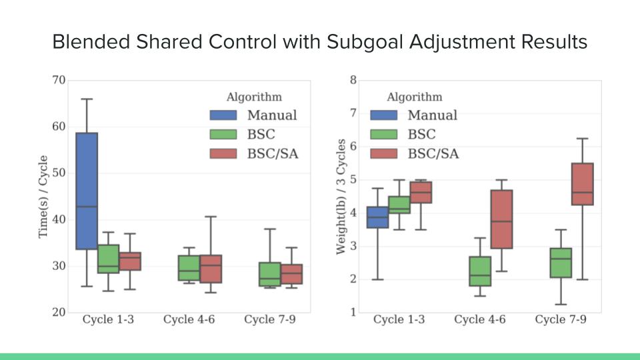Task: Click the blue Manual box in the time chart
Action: click(87, 191)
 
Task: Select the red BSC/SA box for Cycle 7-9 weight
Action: click(583, 184)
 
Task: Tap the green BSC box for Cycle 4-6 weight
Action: click(480, 271)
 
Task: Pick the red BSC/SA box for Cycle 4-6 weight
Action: click(502, 219)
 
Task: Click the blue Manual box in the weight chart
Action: click(378, 217)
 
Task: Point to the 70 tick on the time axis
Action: click(58, 81)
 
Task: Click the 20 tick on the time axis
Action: click(58, 312)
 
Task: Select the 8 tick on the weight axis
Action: click(353, 81)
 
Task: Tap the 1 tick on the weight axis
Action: click(353, 312)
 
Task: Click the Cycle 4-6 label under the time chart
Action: click(189, 320)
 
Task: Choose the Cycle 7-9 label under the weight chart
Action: click(561, 320)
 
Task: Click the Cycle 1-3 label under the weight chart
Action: click(399, 320)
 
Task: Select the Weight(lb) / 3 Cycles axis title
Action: click(341, 196)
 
